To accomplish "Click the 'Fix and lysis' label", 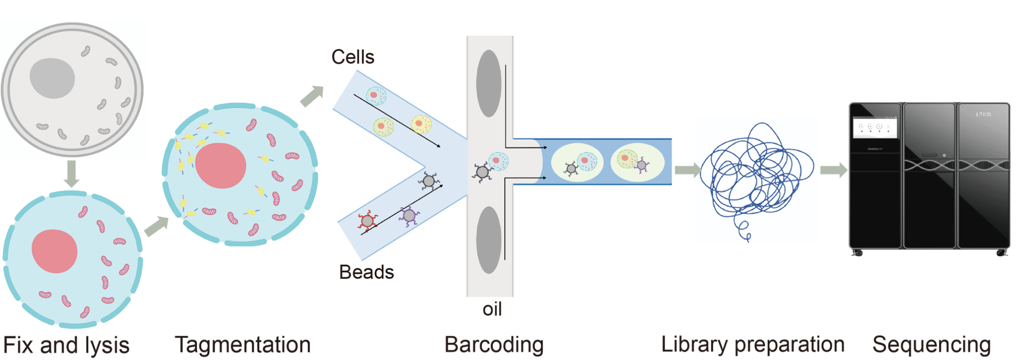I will (66, 345).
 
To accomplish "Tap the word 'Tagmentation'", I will (243, 344).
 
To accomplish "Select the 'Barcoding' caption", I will (494, 344).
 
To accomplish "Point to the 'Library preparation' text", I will (752, 344).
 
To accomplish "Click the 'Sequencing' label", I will (931, 344).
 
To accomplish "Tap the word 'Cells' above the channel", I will (353, 57).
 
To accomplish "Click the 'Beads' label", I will (366, 272).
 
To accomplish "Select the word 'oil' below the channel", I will (492, 310).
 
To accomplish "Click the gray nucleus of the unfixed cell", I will (52, 78).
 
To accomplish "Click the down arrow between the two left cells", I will (71, 173).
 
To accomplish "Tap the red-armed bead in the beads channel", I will (367, 221).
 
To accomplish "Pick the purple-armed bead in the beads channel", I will (409, 215).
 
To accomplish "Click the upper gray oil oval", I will (488, 84).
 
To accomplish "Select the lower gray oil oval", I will (488, 240).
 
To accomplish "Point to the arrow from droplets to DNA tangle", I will (687, 170).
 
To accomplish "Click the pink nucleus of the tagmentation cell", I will (221, 165).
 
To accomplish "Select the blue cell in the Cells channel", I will (376, 96).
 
